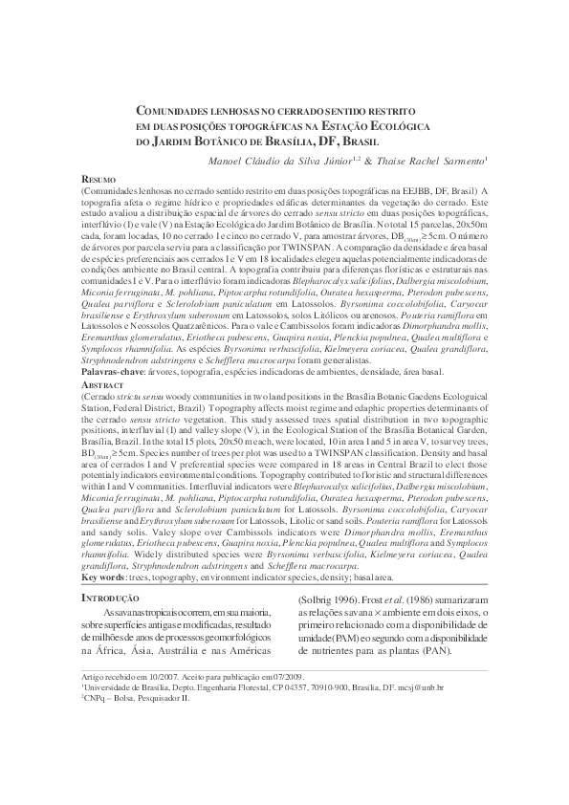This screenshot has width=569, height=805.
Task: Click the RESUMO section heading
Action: [x=98, y=179]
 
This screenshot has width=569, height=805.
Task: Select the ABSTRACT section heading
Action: [x=102, y=382]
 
